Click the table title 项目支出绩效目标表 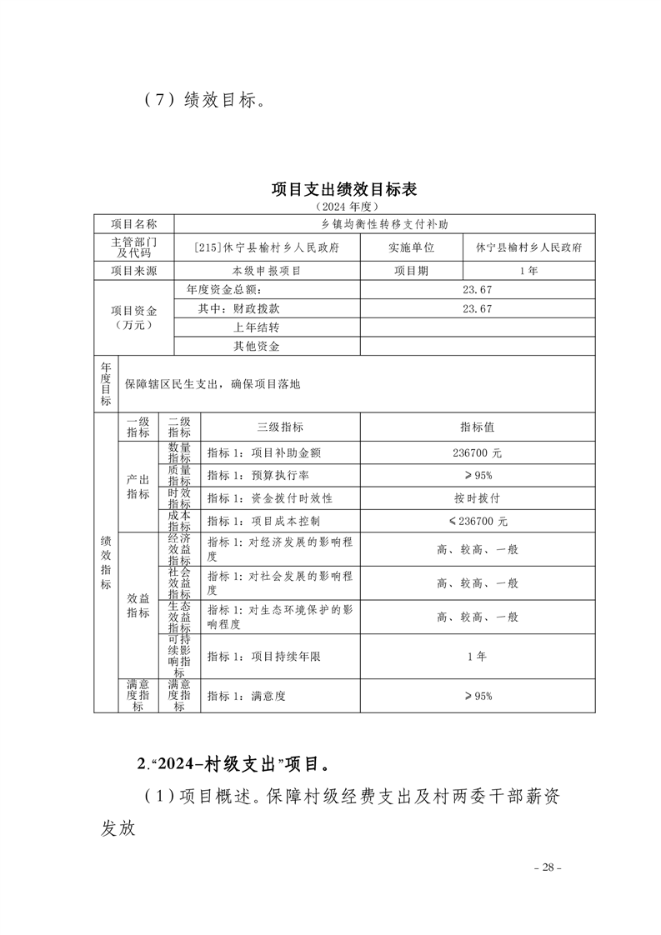click(343, 189)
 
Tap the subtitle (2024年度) click(343, 205)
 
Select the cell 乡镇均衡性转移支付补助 click(384, 224)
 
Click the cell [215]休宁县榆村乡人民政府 click(266, 247)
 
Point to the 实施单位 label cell click(410, 247)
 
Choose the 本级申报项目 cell click(266, 271)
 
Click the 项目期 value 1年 click(528, 271)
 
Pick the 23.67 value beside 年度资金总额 click(478, 290)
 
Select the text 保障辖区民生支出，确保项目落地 click(212, 384)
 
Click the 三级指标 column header click(280, 427)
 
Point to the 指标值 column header click(478, 427)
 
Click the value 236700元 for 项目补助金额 click(478, 453)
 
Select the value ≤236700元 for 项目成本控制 click(478, 521)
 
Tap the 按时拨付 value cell click(478, 497)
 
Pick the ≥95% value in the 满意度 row click(478, 696)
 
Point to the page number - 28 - click(548, 867)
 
